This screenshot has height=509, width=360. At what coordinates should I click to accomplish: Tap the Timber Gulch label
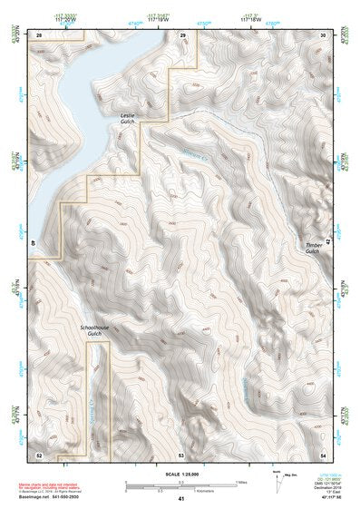(314, 248)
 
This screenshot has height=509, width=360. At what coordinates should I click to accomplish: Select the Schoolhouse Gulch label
(94, 331)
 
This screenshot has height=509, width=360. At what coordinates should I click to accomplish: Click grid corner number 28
(39, 34)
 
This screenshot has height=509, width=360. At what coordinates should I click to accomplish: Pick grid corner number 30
(323, 34)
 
